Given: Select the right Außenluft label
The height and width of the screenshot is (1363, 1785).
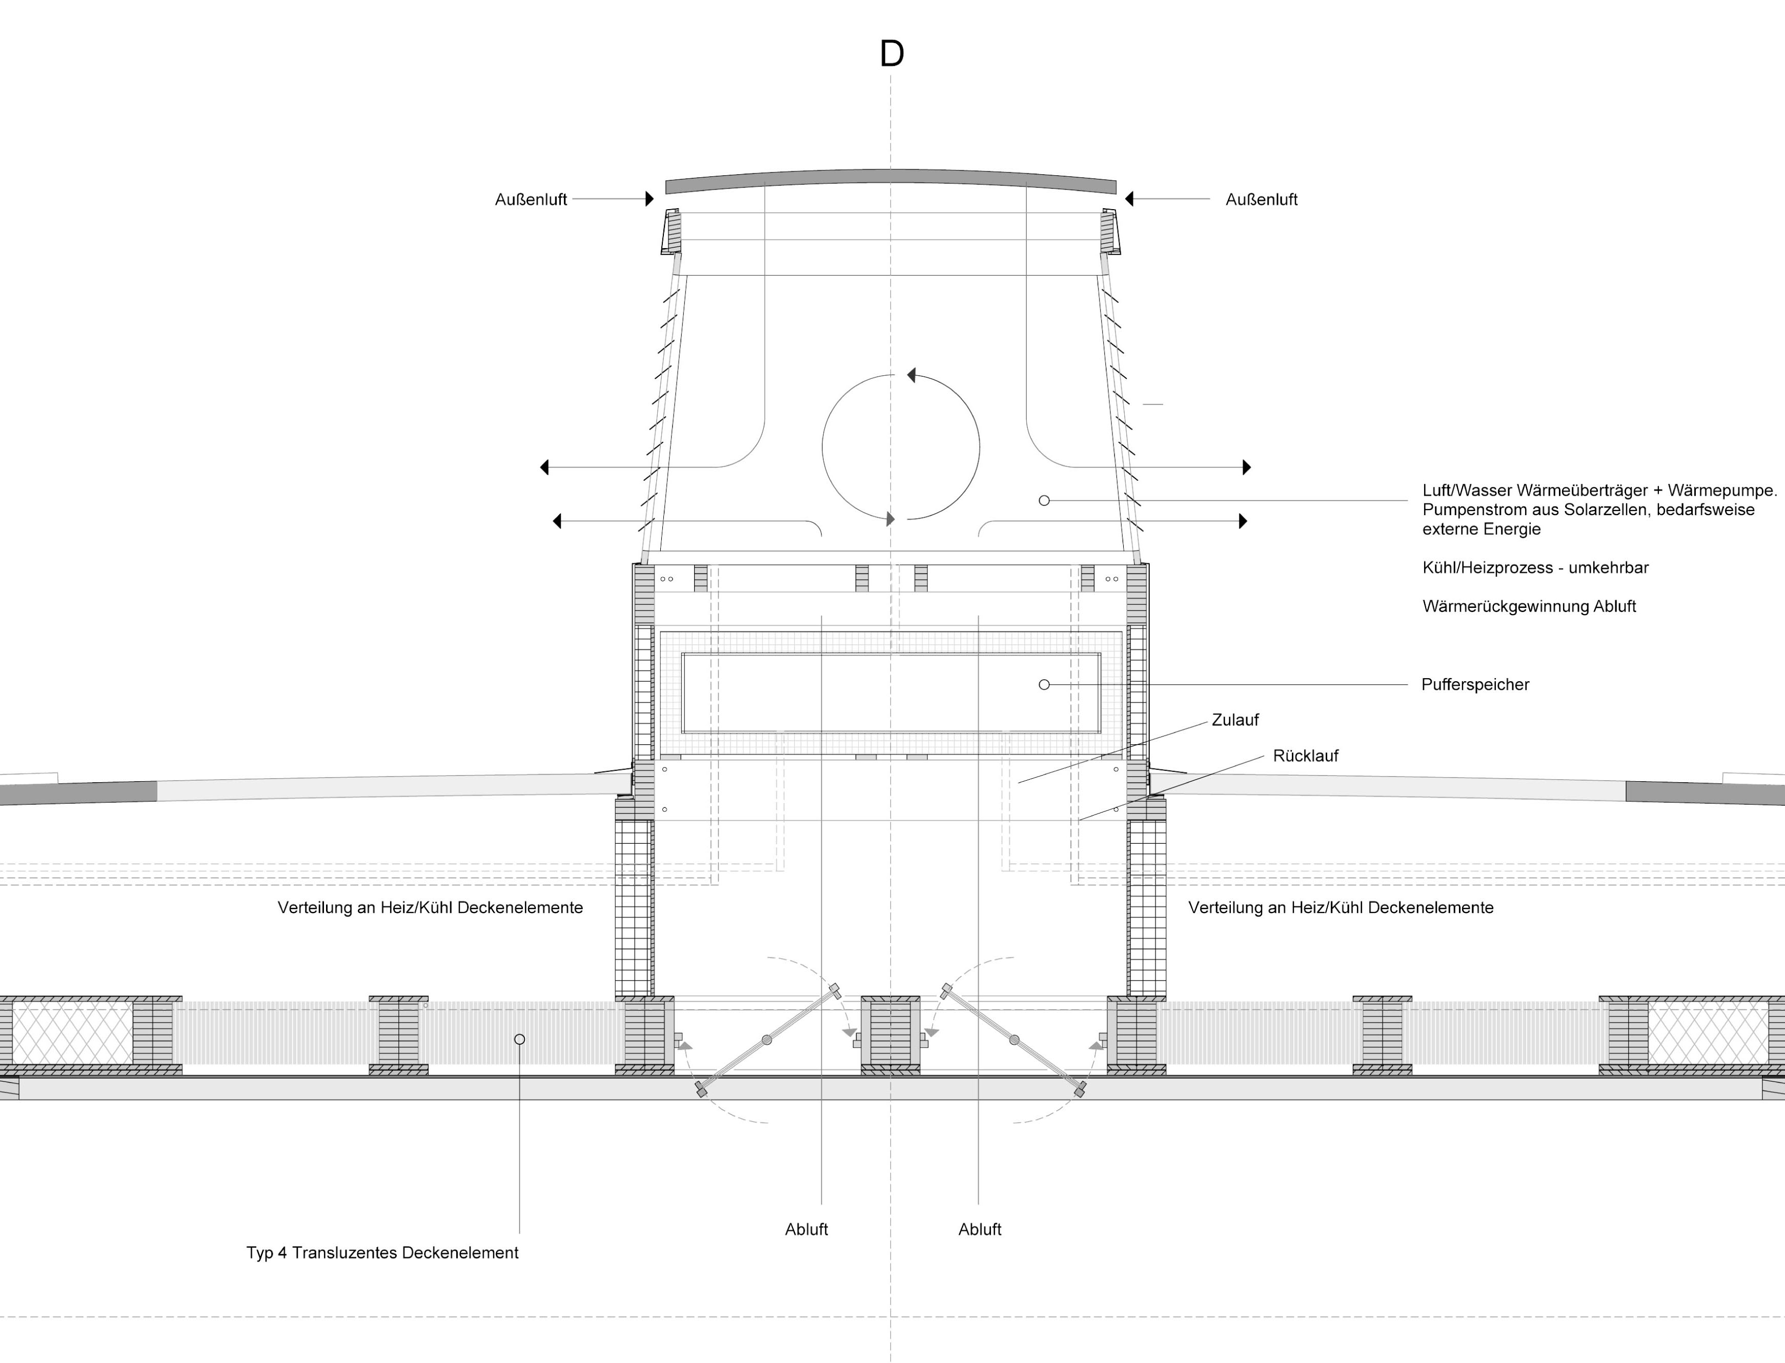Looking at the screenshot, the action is coord(1262,199).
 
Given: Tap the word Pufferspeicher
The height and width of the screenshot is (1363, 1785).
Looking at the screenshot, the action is coord(1475,685).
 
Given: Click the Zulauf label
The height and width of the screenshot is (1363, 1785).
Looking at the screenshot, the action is coord(1235,720).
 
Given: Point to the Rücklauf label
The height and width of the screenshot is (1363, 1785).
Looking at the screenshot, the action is coord(1306,756).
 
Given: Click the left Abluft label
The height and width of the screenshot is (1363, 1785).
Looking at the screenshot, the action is coord(806,1229).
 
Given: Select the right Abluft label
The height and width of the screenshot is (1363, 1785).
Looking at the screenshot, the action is coord(979,1229).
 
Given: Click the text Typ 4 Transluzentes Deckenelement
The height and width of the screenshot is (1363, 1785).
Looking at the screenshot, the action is coord(382,1253).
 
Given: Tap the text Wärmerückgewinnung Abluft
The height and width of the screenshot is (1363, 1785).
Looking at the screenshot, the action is coord(1529,607).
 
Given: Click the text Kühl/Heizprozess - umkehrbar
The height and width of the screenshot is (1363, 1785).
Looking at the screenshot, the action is coord(1535,568).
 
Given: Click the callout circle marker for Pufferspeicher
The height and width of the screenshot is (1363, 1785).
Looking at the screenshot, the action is coord(1044,685).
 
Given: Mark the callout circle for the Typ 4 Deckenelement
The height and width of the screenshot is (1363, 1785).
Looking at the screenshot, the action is coord(519,1039).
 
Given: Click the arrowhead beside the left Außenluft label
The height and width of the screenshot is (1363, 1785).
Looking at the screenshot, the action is coord(649,199).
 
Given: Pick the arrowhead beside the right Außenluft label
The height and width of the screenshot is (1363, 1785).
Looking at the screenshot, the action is coord(1129,199).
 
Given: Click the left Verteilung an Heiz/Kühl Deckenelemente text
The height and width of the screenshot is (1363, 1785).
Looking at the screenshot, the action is coord(430,908).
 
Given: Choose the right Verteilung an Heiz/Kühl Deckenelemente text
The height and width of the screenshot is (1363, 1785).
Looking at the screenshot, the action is coord(1341,908).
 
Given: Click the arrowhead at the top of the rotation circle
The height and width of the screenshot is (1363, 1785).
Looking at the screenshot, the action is coord(911,375).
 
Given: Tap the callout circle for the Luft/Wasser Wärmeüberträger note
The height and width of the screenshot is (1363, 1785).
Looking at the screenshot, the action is coord(1044,501).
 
